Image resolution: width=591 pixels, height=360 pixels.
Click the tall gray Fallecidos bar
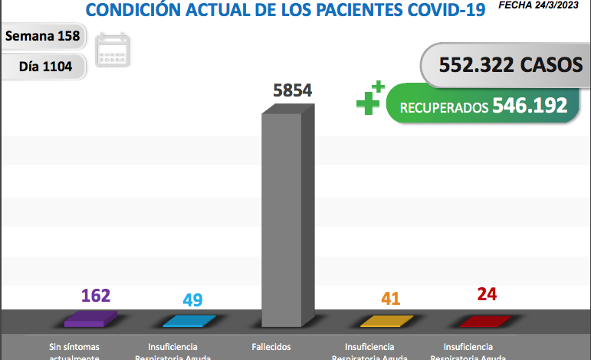(x=287, y=222)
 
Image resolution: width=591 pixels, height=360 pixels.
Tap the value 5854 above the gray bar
(x=292, y=90)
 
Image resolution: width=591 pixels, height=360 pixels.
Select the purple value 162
(x=96, y=295)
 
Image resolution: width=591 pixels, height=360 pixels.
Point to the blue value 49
(x=192, y=299)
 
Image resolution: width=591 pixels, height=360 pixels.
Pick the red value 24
(x=487, y=293)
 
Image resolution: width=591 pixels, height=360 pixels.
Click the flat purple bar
(x=90, y=319)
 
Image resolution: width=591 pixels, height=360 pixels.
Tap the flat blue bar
(x=189, y=321)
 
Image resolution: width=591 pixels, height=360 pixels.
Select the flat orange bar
(x=387, y=321)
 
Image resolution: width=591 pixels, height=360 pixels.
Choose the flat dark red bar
(x=484, y=320)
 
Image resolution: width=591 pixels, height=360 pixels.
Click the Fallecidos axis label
(x=271, y=347)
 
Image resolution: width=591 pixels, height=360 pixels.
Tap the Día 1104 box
(x=45, y=67)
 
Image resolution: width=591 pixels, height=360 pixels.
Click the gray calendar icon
(x=113, y=50)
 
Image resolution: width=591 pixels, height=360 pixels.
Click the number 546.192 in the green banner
(x=530, y=105)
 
